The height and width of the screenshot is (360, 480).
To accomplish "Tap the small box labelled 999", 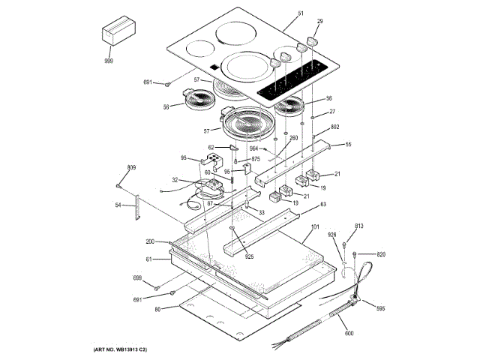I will tap(116, 35).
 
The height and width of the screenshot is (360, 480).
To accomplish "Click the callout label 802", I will tap(335, 127).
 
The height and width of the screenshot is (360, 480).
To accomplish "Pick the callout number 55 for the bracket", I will tap(347, 144).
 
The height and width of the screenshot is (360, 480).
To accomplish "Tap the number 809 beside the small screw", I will tap(131, 166).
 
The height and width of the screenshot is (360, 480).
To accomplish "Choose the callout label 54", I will tap(118, 205).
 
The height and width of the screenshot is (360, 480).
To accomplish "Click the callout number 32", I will tap(174, 180).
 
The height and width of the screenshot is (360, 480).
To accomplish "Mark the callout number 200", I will tap(150, 241).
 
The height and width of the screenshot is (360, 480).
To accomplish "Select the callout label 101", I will tap(315, 227).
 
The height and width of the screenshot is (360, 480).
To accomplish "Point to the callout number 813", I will tap(358, 226).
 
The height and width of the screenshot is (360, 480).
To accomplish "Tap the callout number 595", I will tap(380, 308).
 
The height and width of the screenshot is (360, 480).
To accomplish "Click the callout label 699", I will tap(137, 278).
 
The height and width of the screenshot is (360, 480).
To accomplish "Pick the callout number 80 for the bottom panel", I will tap(158, 309).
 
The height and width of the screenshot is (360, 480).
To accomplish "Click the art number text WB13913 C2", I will tap(120, 350).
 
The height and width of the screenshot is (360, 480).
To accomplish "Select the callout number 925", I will tap(249, 257).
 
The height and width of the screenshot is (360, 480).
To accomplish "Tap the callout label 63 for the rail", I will tap(323, 204).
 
